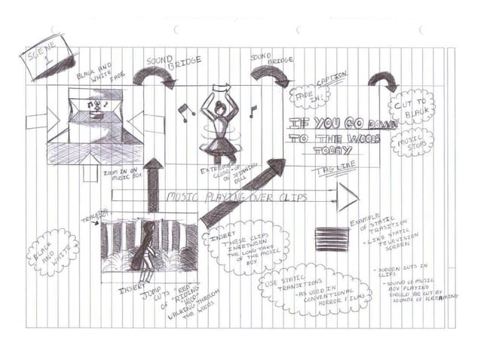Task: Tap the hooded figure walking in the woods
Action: (142, 249)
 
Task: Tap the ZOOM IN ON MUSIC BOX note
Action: (122, 175)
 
